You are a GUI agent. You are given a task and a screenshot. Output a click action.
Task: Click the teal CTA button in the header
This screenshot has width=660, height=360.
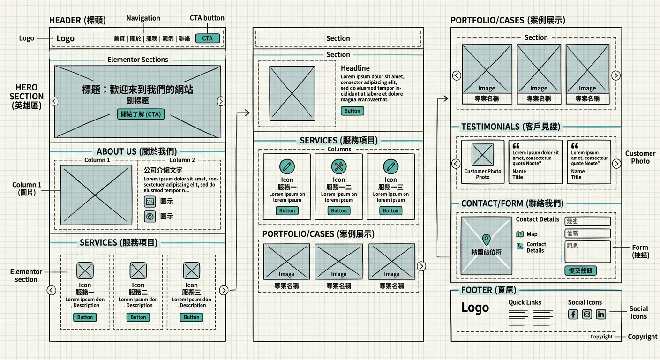[207, 38]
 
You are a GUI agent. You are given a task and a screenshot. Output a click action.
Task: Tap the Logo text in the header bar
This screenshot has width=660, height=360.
[65, 38]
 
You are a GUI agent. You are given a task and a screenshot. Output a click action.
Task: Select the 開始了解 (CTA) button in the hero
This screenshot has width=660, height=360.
[141, 114]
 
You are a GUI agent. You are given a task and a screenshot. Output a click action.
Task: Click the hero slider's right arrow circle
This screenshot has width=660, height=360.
[221, 101]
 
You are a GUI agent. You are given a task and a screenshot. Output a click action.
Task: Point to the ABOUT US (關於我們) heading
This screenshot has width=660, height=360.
[137, 151]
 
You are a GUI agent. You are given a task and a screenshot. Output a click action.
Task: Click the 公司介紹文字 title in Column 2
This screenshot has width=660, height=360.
[163, 170]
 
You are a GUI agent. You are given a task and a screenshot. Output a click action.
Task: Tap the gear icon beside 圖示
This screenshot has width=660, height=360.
[150, 216]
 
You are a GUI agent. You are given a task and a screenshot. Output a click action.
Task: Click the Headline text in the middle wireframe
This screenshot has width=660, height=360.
[355, 68]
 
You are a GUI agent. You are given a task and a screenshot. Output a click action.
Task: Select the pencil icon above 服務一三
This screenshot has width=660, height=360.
[390, 166]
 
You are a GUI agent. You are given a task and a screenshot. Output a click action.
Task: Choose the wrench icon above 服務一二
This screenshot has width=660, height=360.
[338, 166]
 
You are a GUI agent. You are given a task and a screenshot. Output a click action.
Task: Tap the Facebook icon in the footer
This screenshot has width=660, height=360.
[573, 314]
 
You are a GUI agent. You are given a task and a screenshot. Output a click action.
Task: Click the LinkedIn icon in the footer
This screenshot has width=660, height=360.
[600, 314]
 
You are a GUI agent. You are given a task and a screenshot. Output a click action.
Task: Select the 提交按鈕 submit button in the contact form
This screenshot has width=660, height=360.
[580, 270]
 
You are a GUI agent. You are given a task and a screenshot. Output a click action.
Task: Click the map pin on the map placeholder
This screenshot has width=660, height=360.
[486, 240]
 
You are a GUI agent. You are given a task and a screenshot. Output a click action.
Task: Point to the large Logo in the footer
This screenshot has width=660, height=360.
[475, 308]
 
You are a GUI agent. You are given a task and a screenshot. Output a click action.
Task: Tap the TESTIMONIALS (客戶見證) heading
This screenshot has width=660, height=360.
[510, 127]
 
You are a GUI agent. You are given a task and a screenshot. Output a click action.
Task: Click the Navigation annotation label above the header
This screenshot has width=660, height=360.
[143, 18]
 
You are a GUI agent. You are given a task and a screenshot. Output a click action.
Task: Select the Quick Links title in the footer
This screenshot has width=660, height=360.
[525, 302]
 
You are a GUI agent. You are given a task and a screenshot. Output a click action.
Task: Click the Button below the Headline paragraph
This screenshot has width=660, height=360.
[352, 111]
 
